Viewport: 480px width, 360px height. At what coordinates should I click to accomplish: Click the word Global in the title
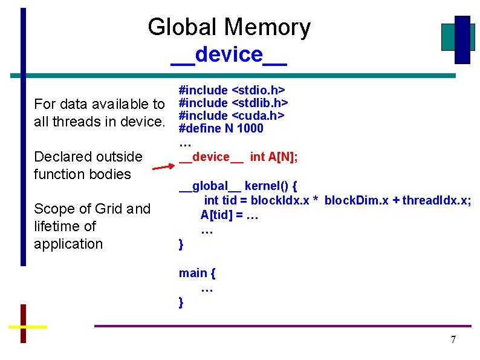pyautogui.click(x=182, y=27)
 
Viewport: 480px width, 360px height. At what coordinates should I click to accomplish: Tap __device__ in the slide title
pyautogui.click(x=229, y=54)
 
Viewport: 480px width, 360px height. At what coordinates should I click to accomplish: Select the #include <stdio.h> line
pyautogui.click(x=232, y=91)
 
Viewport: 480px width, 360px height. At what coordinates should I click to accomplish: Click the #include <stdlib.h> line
pyautogui.click(x=233, y=103)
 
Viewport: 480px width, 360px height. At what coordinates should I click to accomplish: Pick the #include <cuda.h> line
pyautogui.click(x=232, y=116)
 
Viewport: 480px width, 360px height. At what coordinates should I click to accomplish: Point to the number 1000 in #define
pyautogui.click(x=250, y=128)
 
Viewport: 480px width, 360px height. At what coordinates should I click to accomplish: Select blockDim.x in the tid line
pyautogui.click(x=355, y=200)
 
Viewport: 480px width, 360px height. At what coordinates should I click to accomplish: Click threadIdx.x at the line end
pyautogui.click(x=436, y=200)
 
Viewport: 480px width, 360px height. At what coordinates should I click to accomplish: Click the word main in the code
pyautogui.click(x=192, y=273)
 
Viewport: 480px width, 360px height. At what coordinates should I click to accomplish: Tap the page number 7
pyautogui.click(x=453, y=339)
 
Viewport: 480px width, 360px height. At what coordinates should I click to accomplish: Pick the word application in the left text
pyautogui.click(x=68, y=244)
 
